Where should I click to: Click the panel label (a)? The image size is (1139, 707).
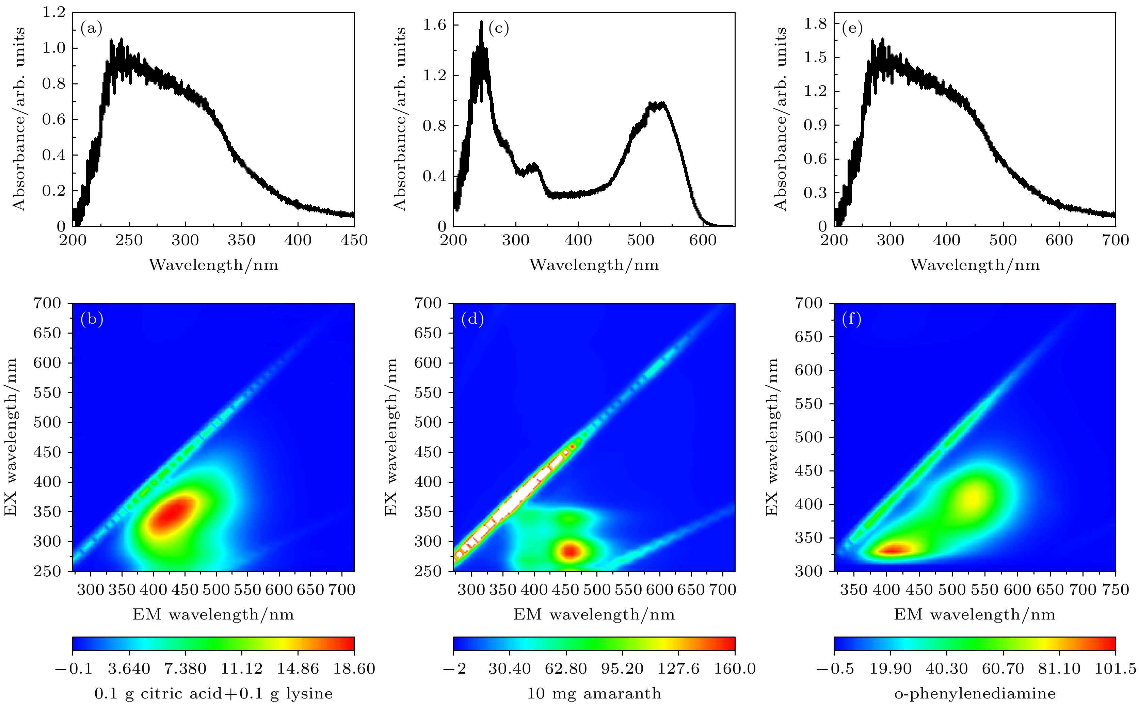tap(91, 29)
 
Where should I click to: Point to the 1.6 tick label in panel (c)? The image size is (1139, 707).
tap(434, 25)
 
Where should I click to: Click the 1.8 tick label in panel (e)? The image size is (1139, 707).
tap(815, 23)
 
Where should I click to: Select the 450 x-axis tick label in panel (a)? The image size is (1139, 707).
tap(354, 241)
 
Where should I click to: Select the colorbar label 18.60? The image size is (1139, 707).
tap(354, 669)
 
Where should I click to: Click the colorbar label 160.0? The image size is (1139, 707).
tap(735, 669)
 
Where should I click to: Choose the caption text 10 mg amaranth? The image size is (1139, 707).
tap(594, 693)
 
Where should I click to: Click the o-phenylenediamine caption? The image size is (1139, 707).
tap(975, 693)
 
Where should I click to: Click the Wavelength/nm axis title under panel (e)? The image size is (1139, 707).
tap(975, 265)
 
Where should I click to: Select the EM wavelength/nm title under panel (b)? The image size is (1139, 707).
tap(213, 614)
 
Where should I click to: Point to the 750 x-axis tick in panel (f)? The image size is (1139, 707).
tap(1115, 590)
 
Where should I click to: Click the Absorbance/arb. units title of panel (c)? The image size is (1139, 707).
tap(400, 119)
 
